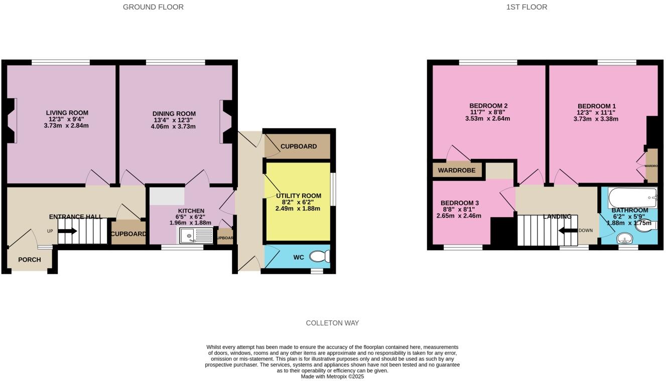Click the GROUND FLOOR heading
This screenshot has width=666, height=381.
click(x=153, y=7)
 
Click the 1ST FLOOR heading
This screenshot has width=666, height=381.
click(x=526, y=7)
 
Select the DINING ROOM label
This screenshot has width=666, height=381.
click(x=174, y=114)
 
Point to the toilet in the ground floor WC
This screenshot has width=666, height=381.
click(x=319, y=257)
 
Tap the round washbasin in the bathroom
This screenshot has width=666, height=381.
click(x=625, y=238)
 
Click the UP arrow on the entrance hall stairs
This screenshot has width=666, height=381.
click(x=67, y=231)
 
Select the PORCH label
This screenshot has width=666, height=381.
click(x=29, y=260)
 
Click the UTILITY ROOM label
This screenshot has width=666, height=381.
click(x=299, y=196)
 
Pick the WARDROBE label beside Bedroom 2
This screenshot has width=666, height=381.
click(x=456, y=170)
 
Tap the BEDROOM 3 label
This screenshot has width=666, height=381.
click(x=460, y=203)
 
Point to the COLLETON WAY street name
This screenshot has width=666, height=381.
click(x=332, y=323)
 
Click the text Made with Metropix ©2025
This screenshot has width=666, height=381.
click(x=332, y=376)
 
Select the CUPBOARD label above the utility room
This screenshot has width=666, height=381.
click(x=299, y=146)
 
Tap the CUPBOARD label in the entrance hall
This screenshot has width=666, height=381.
click(x=128, y=234)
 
